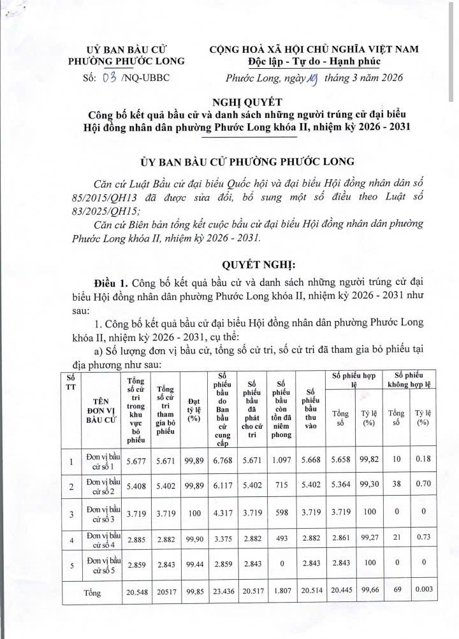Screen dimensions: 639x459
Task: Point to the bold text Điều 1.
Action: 110,283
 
